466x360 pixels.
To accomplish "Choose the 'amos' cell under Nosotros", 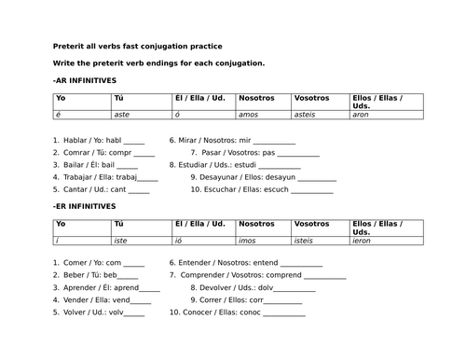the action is (249, 115).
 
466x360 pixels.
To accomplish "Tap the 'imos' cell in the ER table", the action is (248, 241).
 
